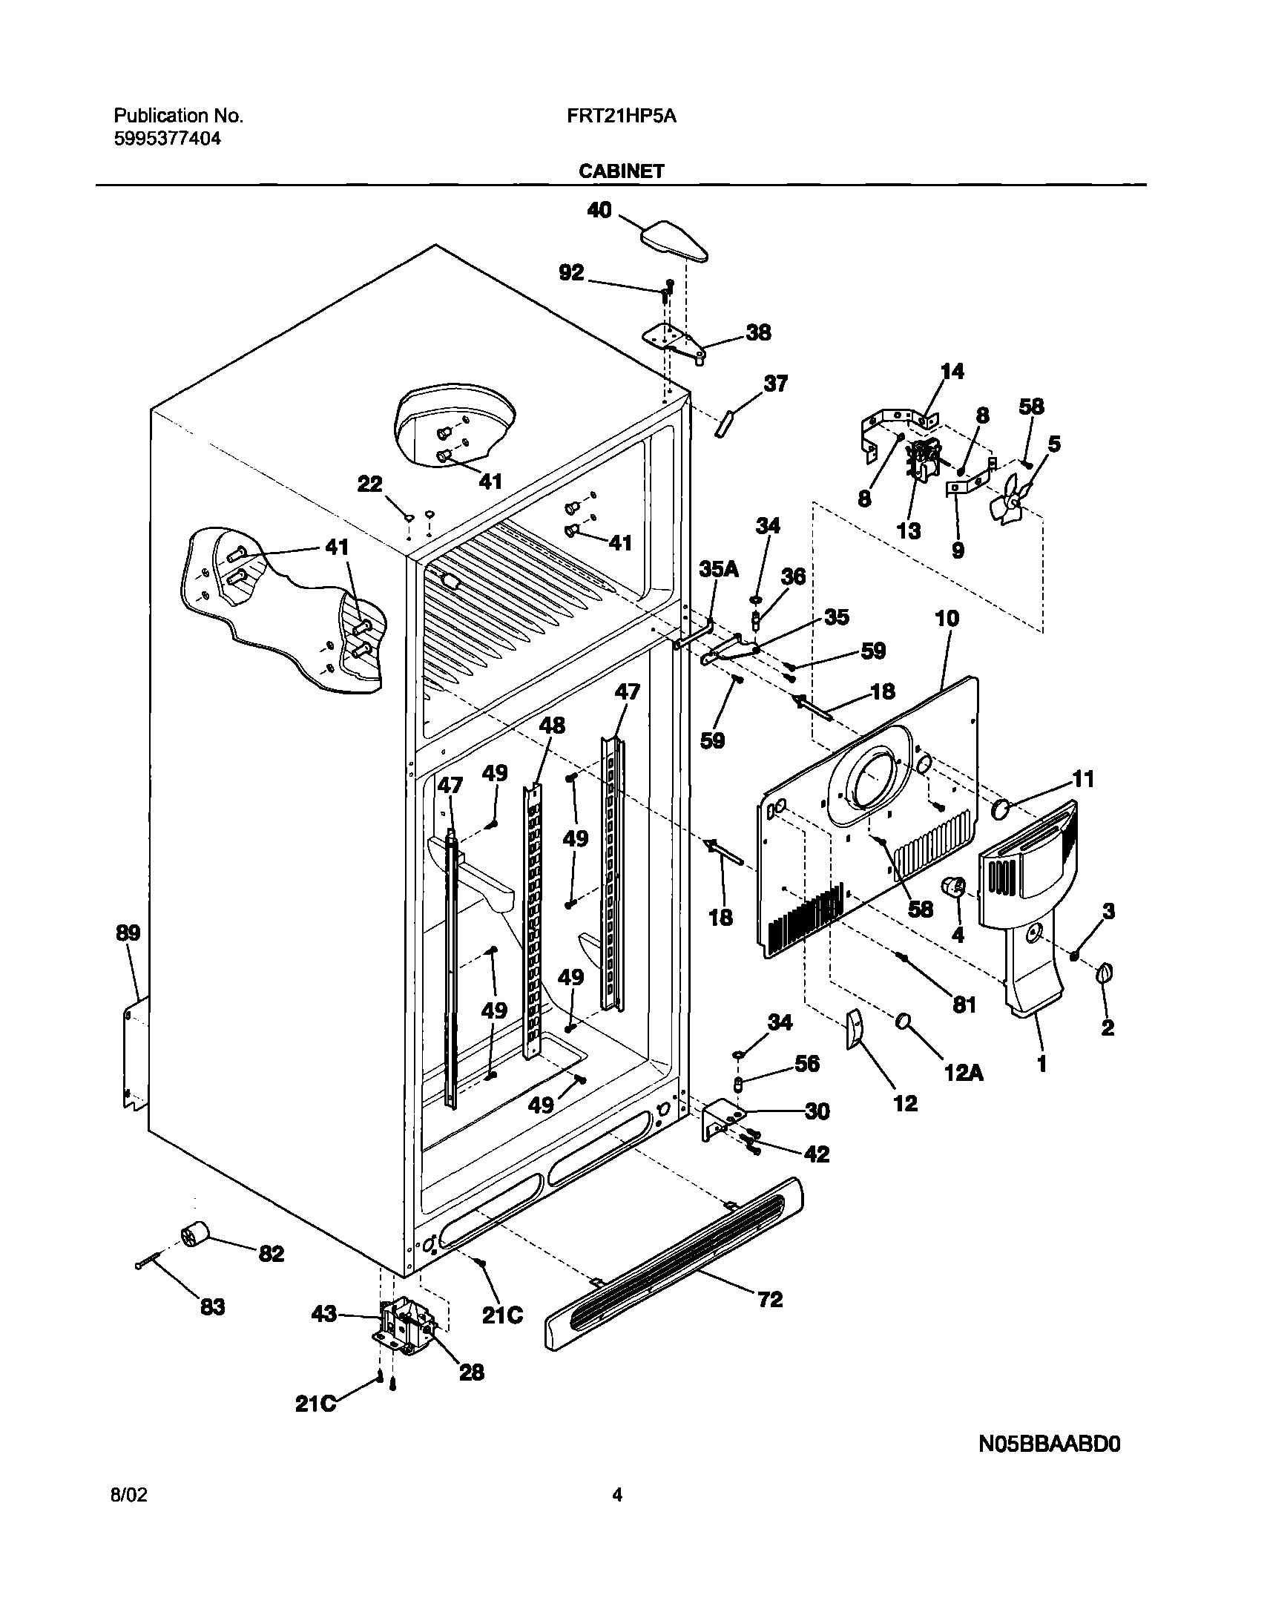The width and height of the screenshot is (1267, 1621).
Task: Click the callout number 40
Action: coord(599,211)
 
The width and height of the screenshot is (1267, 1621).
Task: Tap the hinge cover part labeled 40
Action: coord(674,242)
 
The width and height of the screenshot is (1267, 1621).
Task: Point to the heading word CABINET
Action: coord(621,171)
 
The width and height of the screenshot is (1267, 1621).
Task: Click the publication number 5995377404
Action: coord(167,138)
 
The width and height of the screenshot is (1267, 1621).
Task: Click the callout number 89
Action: coord(128,933)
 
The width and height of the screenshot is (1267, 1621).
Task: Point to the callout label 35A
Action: coord(719,569)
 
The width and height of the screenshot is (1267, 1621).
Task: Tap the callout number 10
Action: coord(947,618)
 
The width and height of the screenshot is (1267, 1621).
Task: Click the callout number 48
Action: coord(551,725)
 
